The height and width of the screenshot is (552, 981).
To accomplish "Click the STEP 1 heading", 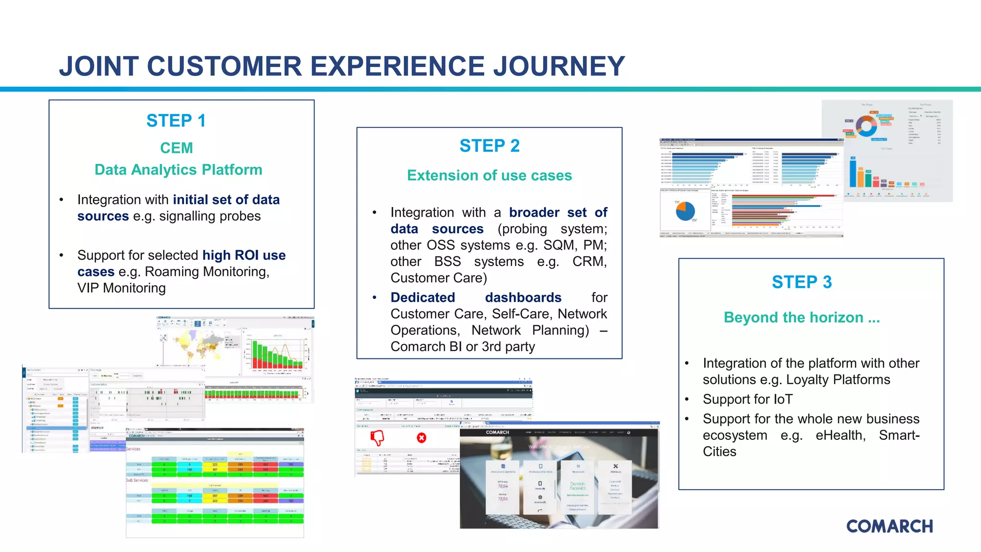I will tap(176, 121).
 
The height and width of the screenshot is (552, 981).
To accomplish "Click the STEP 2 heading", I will tap(489, 146).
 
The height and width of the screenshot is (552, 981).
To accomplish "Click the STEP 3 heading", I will tap(801, 282).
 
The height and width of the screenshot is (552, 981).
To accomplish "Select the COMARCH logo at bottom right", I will tap(889, 526).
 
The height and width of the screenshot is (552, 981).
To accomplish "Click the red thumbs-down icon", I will tap(377, 437).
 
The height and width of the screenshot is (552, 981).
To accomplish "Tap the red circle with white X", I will tap(422, 437).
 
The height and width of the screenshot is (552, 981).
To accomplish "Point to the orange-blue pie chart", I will tap(685, 211).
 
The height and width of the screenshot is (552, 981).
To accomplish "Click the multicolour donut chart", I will tap(866, 126).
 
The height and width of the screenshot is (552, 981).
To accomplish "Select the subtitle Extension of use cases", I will tap(489, 175).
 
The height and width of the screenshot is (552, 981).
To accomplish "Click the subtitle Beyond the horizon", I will tap(801, 317).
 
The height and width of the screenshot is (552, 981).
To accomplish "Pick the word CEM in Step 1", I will tap(176, 148).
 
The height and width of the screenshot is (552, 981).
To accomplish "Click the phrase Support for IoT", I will tap(747, 399).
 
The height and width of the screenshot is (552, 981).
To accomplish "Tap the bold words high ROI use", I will tap(244, 255).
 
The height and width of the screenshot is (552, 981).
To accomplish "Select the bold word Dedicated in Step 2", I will tap(422, 298).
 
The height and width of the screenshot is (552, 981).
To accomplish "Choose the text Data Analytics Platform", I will tap(178, 170).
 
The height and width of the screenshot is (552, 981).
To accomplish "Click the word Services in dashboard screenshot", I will tap(133, 449).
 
